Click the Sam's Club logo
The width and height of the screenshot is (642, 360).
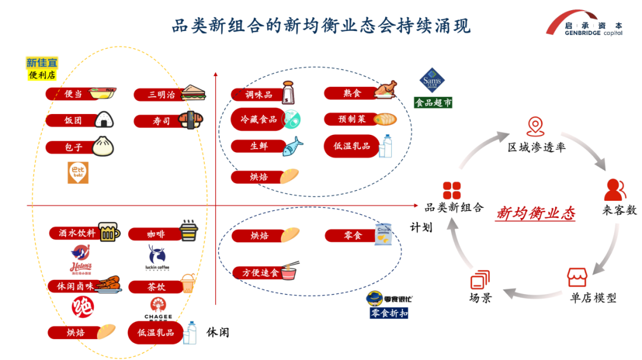[x=432, y=81]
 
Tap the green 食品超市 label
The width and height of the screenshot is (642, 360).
[x=433, y=103]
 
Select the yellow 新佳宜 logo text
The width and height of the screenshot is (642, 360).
[x=42, y=64]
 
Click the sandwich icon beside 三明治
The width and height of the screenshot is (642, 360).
[x=193, y=92]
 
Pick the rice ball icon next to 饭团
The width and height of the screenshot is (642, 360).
[x=104, y=120]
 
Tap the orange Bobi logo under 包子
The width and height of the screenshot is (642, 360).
[x=78, y=172]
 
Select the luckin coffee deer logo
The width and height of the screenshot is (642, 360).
[x=157, y=257]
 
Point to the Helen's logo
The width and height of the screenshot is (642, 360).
[x=81, y=258]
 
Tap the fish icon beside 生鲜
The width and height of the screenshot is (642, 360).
[x=292, y=146]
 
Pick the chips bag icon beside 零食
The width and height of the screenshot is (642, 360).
[x=383, y=234]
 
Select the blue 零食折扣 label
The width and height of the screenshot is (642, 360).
[x=389, y=313]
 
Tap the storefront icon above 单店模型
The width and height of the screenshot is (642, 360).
[x=576, y=277]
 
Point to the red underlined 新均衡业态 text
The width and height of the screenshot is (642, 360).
[x=536, y=213]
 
